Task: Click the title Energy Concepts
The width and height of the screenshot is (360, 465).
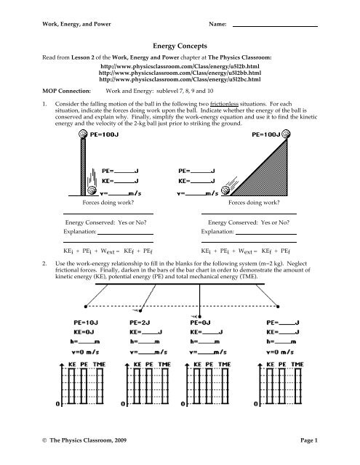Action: tap(180, 44)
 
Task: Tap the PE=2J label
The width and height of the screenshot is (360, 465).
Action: tap(145, 340)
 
